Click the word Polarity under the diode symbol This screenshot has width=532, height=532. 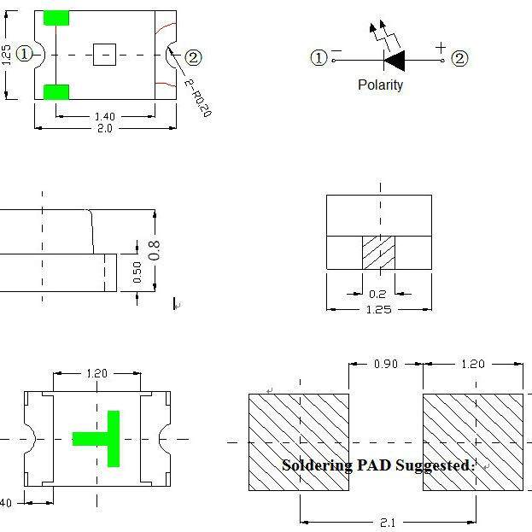[x=380, y=85]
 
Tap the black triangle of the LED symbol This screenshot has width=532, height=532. [x=395, y=61]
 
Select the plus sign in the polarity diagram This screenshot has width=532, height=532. [x=441, y=48]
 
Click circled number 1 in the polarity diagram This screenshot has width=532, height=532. [x=319, y=58]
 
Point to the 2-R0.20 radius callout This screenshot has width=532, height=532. [x=198, y=97]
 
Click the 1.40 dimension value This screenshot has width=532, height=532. [x=105, y=116]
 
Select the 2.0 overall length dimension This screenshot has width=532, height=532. [x=105, y=129]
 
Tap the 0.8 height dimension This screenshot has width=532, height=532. [x=154, y=250]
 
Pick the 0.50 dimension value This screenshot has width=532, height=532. [x=137, y=272]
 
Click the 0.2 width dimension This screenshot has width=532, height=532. [x=377, y=294]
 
